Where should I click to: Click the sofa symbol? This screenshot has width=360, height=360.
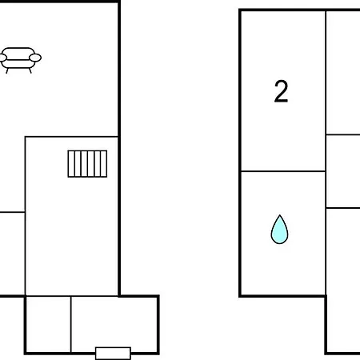click(20, 60)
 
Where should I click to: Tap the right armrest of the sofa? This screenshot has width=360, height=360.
click(35, 58)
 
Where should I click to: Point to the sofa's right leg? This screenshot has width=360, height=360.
click(30, 70)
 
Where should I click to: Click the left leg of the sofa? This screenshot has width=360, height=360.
click(7, 70)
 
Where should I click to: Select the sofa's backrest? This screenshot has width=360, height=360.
click(18, 52)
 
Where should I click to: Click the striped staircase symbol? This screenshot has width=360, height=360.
click(87, 164)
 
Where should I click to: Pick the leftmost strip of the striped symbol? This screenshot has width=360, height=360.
click(71, 164)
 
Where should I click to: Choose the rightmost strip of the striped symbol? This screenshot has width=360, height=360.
click(104, 164)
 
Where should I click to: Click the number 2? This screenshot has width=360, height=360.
click(281, 91)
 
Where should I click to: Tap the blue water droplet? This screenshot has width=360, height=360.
click(279, 230)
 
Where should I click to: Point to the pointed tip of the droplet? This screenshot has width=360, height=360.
click(279, 215)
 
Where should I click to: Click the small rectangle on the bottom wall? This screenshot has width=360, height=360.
click(113, 354)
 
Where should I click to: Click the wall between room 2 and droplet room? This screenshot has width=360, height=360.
click(283, 171)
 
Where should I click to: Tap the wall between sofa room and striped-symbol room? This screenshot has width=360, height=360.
click(71, 137)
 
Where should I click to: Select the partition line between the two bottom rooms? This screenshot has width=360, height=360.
click(71, 324)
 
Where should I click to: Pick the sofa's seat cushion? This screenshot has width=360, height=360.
click(18, 64)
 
